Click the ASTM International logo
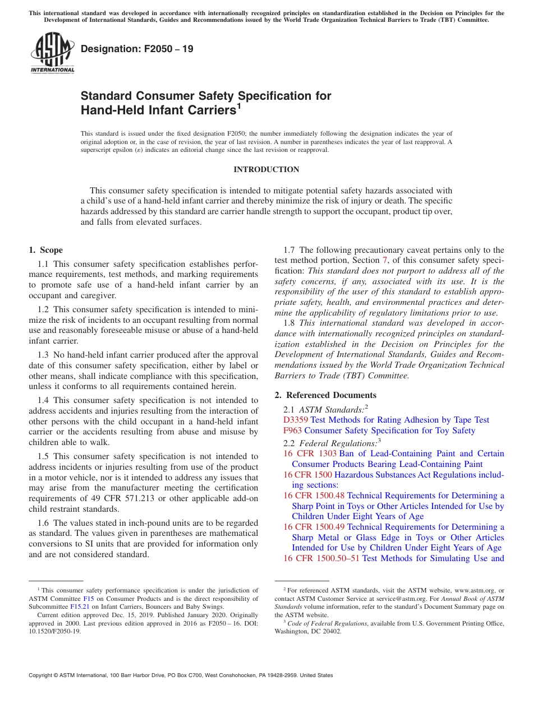[52, 53]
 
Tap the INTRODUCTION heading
[266, 169]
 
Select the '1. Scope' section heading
[45, 250]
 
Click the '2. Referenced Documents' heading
[325, 395]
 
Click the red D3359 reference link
[296, 420]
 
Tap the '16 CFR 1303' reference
[310, 453]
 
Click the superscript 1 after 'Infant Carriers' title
[238, 105]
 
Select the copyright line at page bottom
[181, 675]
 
